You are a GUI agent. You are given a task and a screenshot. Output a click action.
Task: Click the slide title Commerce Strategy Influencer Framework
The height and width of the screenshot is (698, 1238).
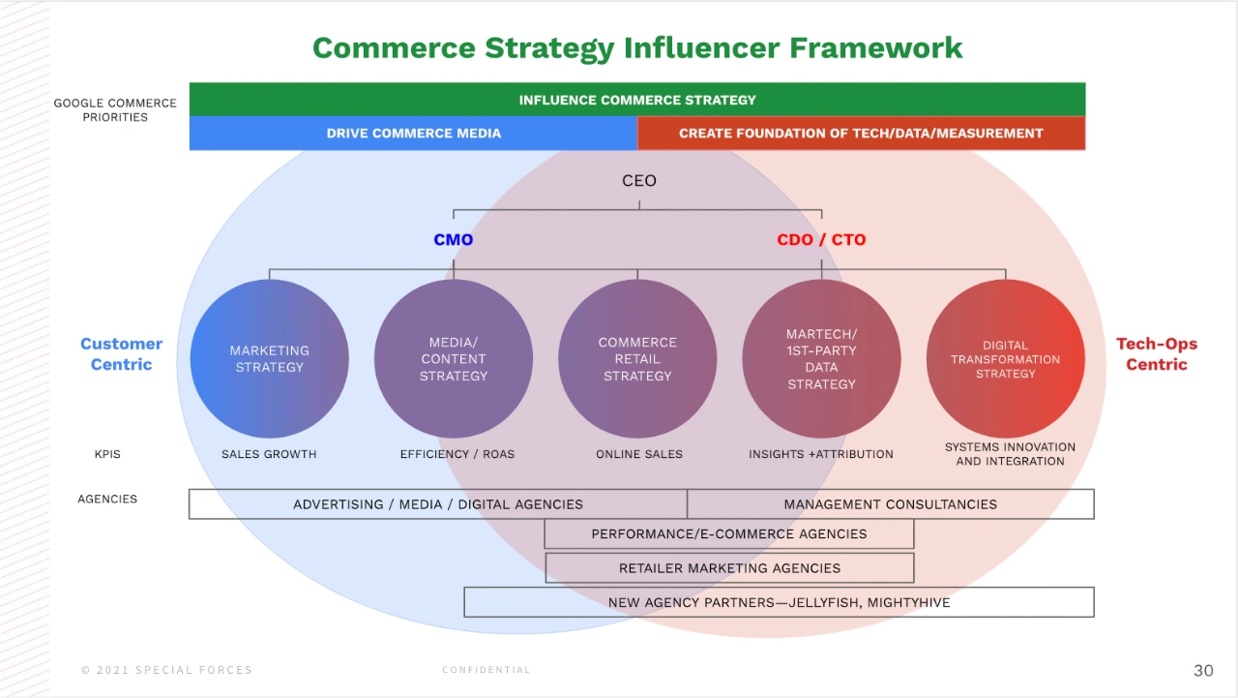click(x=637, y=47)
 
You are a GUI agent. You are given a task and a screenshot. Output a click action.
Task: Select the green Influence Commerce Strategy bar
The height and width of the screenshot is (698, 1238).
click(x=637, y=100)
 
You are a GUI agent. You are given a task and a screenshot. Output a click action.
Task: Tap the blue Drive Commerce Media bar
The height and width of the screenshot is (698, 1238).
click(x=413, y=134)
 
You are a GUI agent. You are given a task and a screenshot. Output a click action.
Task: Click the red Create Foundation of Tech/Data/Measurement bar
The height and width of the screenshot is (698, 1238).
click(x=861, y=134)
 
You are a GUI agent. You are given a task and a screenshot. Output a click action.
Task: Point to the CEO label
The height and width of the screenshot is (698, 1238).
click(x=638, y=181)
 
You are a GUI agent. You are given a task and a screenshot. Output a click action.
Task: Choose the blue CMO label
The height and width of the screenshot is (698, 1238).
click(x=453, y=240)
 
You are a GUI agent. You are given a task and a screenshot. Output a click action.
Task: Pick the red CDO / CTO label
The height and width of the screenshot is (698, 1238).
click(x=821, y=240)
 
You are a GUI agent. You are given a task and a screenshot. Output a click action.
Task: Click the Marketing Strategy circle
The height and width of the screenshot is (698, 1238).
click(x=269, y=359)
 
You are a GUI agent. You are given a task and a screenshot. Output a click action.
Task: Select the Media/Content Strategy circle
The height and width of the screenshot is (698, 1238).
click(x=453, y=359)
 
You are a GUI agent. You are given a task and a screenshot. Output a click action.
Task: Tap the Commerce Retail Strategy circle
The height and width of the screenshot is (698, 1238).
click(x=637, y=359)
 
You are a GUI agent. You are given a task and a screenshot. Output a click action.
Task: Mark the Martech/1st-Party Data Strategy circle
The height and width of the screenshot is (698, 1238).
click(x=821, y=359)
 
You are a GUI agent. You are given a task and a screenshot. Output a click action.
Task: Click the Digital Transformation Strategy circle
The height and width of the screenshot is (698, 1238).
click(x=1005, y=359)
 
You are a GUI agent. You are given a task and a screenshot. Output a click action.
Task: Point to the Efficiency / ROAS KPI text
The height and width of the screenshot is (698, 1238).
click(x=457, y=454)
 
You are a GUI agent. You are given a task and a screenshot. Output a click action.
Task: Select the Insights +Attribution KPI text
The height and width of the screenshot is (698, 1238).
click(x=821, y=454)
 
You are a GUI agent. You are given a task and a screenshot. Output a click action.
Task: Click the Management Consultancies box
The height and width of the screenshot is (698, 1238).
click(x=890, y=504)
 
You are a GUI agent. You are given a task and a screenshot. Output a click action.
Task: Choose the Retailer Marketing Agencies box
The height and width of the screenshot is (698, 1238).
click(x=729, y=568)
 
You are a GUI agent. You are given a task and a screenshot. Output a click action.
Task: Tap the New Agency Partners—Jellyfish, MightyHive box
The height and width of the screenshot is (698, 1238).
click(x=779, y=602)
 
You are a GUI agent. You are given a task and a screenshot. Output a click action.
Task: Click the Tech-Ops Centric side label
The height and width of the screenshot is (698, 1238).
click(x=1156, y=354)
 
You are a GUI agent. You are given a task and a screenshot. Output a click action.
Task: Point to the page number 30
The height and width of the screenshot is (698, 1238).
click(x=1203, y=671)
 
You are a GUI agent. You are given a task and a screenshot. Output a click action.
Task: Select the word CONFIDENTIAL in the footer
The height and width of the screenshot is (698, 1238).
click(x=486, y=670)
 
